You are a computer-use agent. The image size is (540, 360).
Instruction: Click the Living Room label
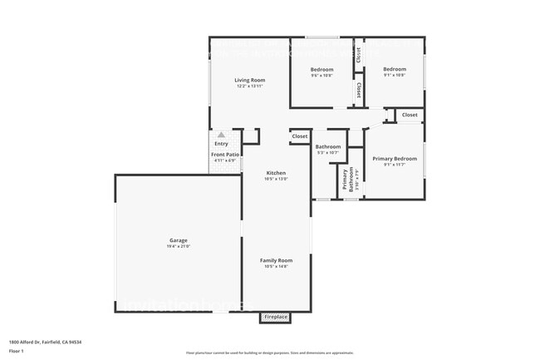250,80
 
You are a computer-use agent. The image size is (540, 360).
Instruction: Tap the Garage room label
179,240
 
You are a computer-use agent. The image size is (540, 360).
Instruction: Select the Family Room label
276,260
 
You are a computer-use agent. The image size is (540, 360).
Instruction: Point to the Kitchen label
276,173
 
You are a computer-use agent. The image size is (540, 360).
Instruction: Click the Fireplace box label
275,317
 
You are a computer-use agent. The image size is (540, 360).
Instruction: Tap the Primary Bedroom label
395,158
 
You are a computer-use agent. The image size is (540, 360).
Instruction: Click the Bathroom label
328,147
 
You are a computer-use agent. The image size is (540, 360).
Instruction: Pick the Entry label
221,144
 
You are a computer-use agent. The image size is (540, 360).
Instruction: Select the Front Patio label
224,155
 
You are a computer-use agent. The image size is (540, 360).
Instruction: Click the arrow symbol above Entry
221,134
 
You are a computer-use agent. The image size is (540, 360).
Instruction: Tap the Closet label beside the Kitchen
299,136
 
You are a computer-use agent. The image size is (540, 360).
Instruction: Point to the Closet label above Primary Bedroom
410,115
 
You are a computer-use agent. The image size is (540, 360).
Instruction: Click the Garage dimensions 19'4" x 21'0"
179,246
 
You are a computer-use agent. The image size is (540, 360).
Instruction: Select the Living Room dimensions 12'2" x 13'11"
250,86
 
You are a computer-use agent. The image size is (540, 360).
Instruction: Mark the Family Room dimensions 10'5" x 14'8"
276,266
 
